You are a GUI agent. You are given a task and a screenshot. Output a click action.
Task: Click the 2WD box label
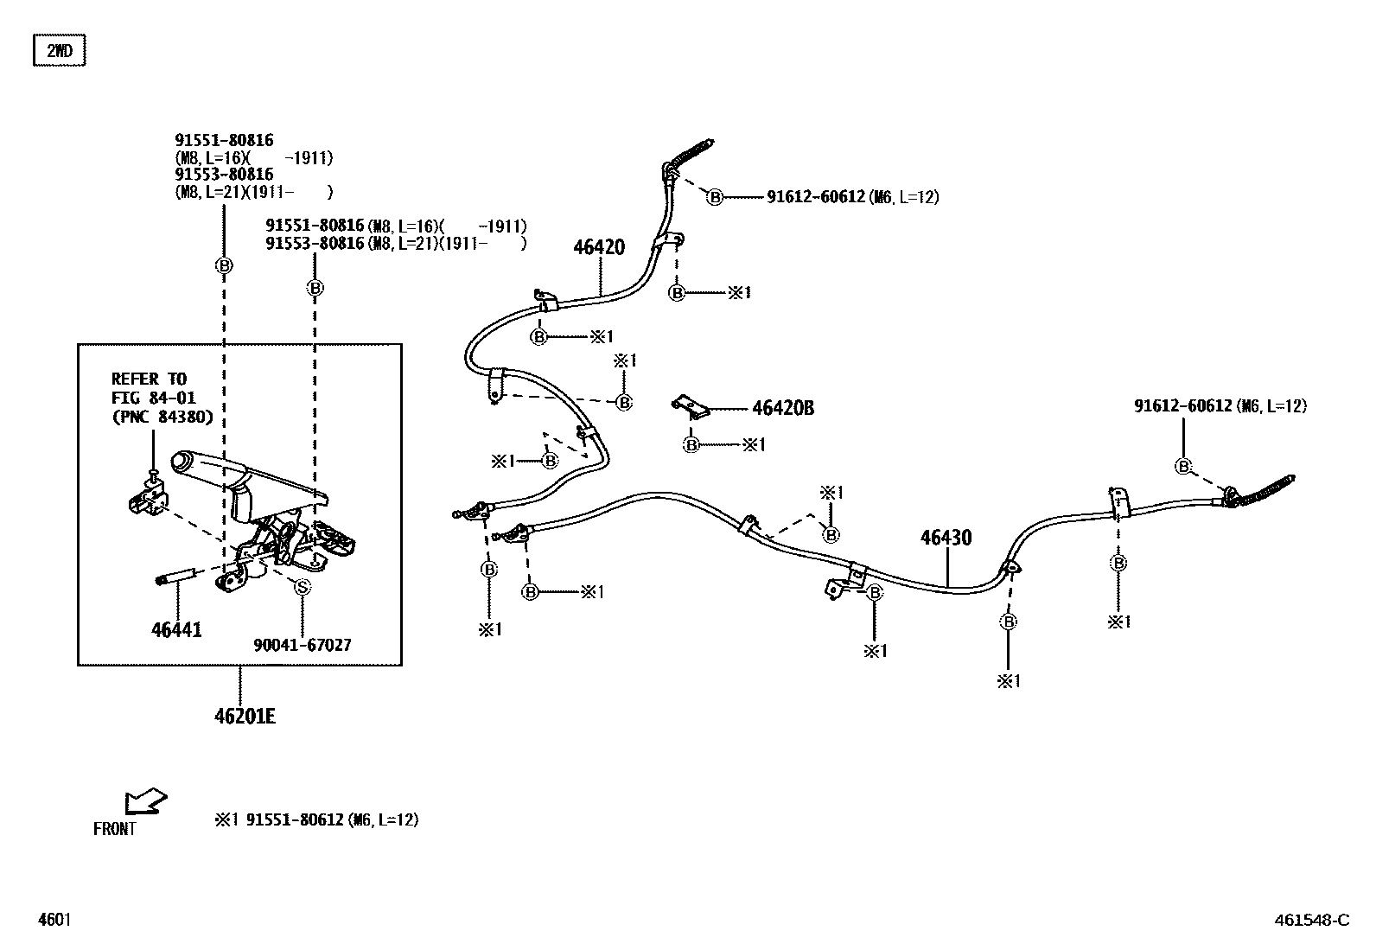click(x=60, y=51)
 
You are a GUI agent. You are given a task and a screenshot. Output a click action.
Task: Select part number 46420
click(x=599, y=247)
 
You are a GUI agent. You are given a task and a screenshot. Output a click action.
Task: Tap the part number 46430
click(x=946, y=538)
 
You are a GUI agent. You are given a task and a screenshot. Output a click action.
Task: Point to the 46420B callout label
click(x=783, y=408)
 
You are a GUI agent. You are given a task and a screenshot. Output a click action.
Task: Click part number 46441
click(x=176, y=630)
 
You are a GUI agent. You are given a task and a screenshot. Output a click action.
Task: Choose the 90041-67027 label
click(x=303, y=645)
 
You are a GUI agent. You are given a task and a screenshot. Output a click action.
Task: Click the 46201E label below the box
click(x=245, y=716)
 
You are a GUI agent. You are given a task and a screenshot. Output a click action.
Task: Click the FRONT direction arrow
click(x=143, y=800)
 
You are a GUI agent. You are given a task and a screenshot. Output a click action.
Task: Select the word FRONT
click(x=115, y=829)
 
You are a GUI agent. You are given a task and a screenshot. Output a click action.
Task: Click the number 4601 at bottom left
click(x=54, y=920)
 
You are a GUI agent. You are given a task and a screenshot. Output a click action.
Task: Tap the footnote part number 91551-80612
click(x=295, y=819)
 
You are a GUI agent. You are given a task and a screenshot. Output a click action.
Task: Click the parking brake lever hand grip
click(x=202, y=464)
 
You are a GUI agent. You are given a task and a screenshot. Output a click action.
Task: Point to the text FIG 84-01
click(x=154, y=398)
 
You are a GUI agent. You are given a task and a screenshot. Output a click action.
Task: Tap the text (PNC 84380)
click(x=162, y=418)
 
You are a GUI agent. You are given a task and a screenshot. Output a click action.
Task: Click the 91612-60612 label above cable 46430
click(x=1183, y=405)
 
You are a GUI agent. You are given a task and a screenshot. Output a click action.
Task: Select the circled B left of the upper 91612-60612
click(x=715, y=198)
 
